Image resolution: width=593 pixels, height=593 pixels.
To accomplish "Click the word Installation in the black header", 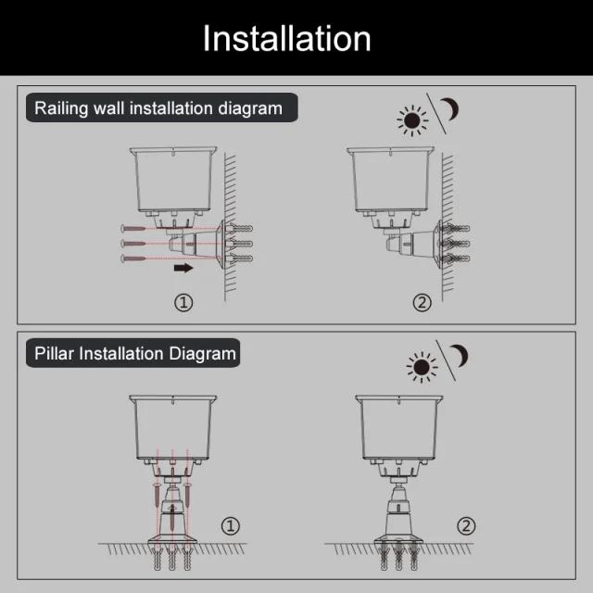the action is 286,38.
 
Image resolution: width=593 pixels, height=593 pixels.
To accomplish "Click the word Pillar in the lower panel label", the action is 54,354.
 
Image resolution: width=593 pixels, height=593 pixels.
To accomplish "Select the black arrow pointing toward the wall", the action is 183,268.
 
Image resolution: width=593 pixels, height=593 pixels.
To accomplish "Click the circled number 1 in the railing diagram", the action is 183,303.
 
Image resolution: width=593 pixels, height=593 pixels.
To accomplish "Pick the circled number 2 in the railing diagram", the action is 423,303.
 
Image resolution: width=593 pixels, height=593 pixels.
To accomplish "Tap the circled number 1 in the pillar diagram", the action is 231,526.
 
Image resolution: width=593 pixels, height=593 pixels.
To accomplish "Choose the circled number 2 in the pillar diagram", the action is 466,526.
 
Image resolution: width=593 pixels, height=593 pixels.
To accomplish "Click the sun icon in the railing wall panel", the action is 412,120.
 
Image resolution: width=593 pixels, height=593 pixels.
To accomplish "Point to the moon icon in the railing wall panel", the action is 451,109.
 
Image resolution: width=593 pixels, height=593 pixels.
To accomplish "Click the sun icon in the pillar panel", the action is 422,367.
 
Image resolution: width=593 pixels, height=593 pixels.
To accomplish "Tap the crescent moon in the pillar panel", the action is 461,356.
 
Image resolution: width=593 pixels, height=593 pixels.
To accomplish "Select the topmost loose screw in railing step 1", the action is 133,229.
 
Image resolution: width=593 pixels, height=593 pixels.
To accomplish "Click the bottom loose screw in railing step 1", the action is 133,259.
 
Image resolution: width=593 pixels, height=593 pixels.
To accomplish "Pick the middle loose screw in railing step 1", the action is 133,243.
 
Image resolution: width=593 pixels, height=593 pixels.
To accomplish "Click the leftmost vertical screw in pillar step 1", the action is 158,495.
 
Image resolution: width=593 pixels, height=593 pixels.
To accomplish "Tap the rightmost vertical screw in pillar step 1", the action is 187,495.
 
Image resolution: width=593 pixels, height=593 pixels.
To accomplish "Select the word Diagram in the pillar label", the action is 202,354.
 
